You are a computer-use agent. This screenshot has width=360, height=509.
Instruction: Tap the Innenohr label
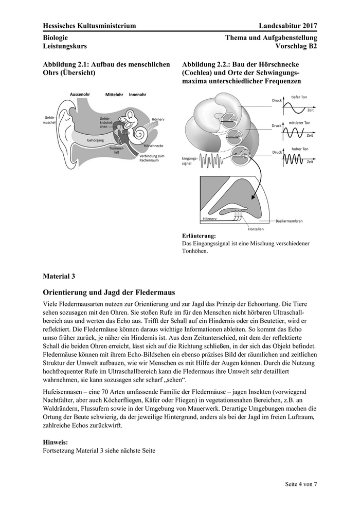[x=138, y=95]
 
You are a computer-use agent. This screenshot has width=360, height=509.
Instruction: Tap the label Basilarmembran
[x=289, y=221]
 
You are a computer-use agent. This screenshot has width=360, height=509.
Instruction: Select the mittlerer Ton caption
[x=300, y=123]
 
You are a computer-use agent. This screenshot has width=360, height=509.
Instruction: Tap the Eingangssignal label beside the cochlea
[x=190, y=161]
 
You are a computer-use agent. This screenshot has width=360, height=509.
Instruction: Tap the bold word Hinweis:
[x=56, y=442]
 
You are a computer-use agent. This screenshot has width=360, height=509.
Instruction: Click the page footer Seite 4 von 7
[x=301, y=484]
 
